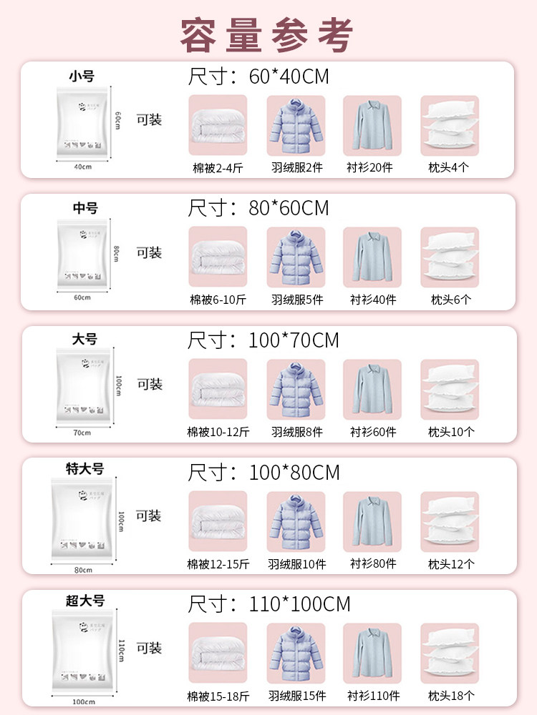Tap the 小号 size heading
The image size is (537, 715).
(x=82, y=76)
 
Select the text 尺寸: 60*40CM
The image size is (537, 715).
(x=258, y=77)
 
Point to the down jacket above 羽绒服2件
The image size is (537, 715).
(x=296, y=124)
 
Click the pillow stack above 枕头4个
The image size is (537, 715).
(x=449, y=124)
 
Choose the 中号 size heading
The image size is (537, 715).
(x=85, y=208)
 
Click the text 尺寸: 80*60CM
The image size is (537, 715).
(x=258, y=208)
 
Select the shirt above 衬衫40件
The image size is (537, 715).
(x=372, y=257)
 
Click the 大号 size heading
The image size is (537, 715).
(x=84, y=340)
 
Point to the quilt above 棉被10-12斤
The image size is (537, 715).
(x=218, y=388)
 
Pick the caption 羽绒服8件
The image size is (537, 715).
(x=296, y=432)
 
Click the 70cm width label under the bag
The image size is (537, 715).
(x=82, y=433)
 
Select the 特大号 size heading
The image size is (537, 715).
(x=84, y=469)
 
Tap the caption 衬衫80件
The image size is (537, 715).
(x=372, y=563)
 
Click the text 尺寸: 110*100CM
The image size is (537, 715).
(x=268, y=604)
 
